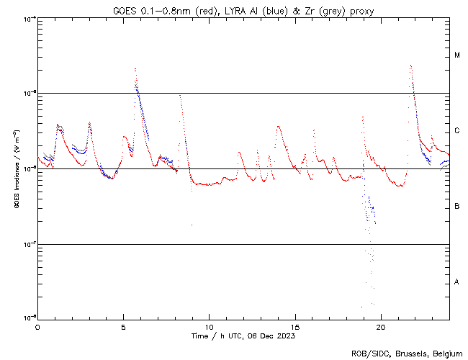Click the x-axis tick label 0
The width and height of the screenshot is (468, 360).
point(37,326)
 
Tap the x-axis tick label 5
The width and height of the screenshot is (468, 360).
point(123,326)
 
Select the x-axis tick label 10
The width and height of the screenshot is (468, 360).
point(209,326)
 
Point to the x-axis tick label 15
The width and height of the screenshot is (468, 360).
point(294,326)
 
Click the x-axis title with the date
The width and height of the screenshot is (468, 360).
point(243,336)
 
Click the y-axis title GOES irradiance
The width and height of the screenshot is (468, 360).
point(15,169)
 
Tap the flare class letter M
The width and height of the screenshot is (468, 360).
point(457,55)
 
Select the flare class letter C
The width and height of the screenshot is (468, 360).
point(457,131)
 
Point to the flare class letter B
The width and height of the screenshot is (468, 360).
point(457,207)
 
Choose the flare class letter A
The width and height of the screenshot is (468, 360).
point(457,282)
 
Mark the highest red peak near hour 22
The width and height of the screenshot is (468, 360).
point(410,66)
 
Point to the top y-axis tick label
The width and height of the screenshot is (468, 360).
point(27,18)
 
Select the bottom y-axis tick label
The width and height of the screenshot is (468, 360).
point(27,318)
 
